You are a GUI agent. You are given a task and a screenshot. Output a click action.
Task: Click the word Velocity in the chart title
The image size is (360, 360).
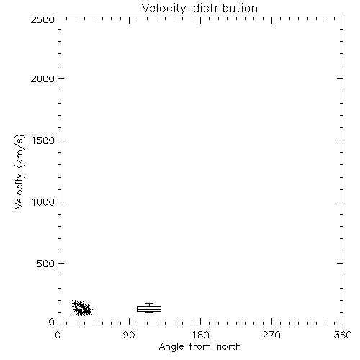pos(163,9)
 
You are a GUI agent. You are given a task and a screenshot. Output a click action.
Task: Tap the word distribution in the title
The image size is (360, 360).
pos(225,8)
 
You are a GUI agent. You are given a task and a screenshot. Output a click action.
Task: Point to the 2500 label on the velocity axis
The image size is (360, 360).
pos(42,19)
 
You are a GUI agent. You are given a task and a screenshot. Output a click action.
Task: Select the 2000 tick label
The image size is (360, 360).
pos(42,78)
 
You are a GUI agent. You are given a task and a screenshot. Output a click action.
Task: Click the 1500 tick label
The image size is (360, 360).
pos(43,140)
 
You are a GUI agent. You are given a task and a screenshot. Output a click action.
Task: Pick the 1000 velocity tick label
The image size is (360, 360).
pos(43,202)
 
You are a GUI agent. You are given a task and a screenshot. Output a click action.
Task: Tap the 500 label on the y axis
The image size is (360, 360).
pos(46,264)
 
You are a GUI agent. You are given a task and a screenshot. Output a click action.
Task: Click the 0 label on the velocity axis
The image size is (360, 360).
pos(52,322)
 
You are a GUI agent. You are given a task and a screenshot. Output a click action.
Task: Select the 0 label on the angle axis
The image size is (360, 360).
pos(58,335)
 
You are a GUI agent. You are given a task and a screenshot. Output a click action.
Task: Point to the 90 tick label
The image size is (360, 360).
pos(129,335)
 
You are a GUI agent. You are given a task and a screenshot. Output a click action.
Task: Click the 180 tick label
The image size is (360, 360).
pos(200,335)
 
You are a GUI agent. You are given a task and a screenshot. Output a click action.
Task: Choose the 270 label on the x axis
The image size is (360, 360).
pos(271,335)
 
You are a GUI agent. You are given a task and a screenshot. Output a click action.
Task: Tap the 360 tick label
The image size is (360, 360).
pos(343,335)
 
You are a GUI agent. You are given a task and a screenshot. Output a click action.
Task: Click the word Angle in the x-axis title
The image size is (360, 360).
pos(171,347)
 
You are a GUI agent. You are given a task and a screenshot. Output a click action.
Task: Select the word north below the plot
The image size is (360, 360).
pos(229,347)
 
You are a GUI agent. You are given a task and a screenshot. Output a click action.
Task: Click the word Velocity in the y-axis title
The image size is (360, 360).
pos(19,191)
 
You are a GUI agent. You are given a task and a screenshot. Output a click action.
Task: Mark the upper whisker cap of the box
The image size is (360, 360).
pos(149,303)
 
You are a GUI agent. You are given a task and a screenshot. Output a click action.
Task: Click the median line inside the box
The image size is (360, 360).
pos(149,309)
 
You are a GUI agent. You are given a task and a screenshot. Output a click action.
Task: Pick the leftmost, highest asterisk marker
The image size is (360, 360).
pos(75,304)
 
